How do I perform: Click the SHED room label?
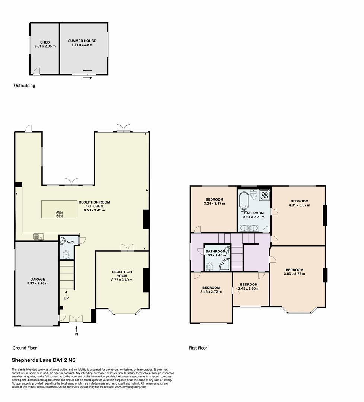(45, 42)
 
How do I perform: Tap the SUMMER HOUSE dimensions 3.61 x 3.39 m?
(82, 45)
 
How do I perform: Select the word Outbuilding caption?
(24, 86)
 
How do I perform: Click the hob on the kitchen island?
(59, 214)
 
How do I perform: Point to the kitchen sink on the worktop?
(38, 236)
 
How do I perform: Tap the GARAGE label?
(38, 279)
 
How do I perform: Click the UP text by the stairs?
(66, 298)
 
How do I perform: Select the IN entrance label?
(76, 334)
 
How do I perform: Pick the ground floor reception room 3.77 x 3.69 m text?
(122, 280)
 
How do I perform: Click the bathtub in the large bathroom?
(244, 201)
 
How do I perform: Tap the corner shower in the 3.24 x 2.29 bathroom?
(265, 195)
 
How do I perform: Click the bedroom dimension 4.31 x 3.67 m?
(299, 205)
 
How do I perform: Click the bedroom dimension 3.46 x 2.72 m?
(211, 292)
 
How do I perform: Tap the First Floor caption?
(197, 348)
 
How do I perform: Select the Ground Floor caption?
(25, 348)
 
